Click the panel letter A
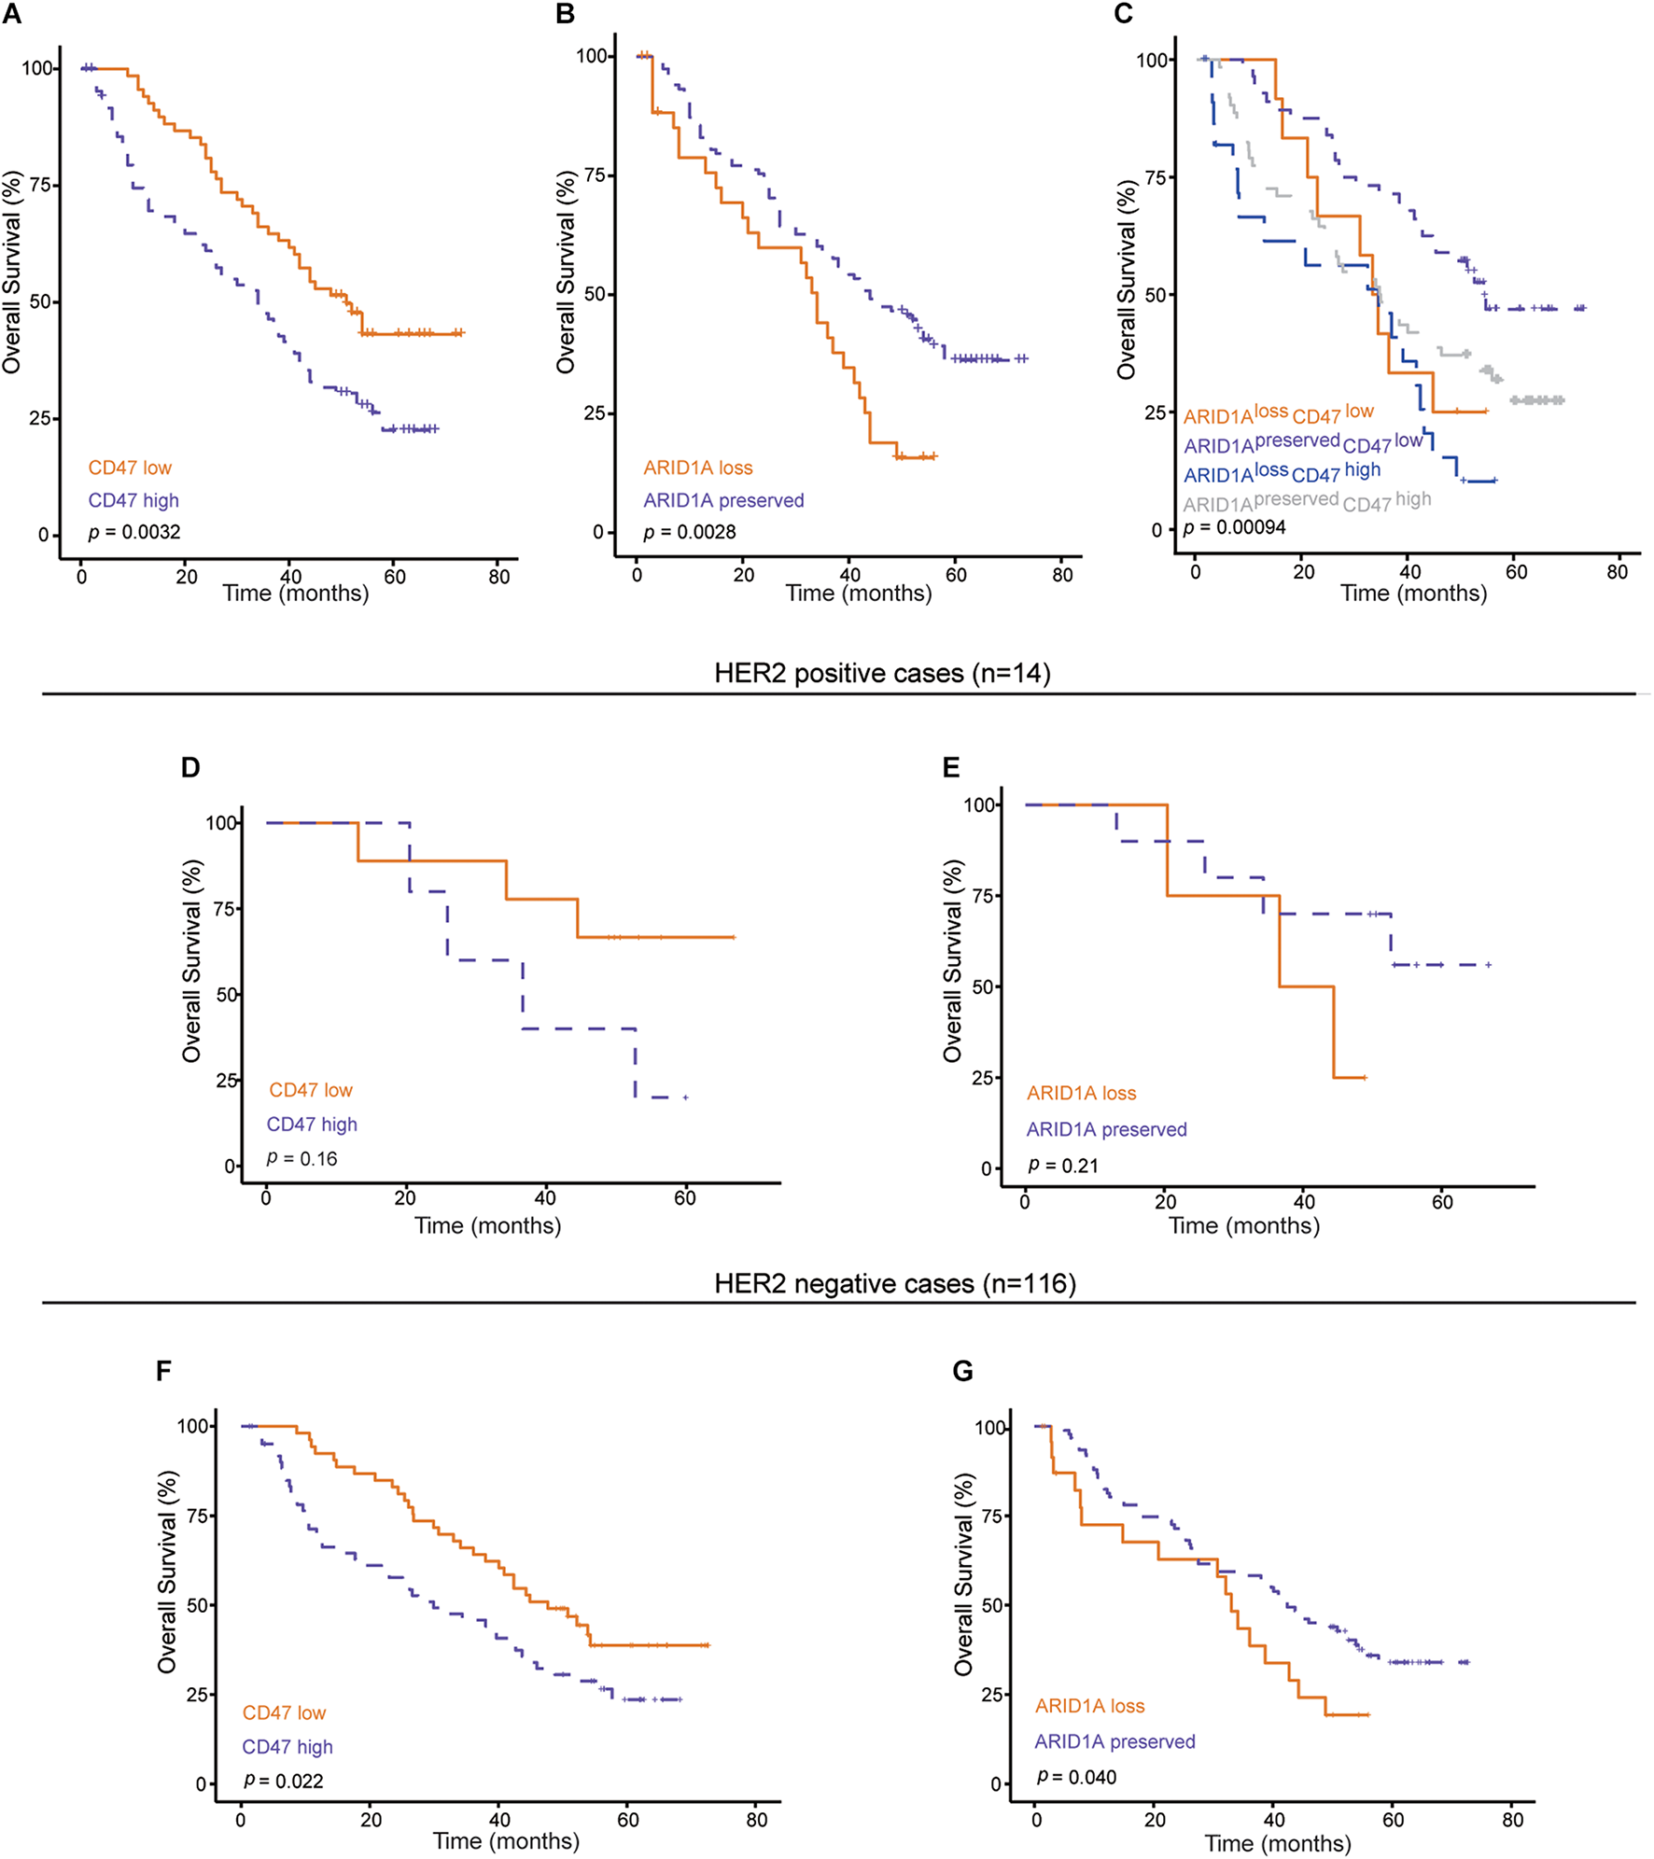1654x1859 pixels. [12, 14]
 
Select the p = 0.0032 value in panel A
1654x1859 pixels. [134, 532]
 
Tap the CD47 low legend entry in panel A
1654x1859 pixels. [130, 468]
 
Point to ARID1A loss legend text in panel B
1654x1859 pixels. [697, 468]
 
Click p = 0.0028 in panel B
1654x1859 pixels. [689, 532]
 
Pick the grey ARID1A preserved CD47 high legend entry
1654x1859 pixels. [1307, 503]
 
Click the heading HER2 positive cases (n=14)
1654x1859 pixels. [882, 673]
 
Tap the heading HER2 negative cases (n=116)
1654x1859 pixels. [895, 1283]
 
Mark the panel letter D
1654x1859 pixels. [190, 767]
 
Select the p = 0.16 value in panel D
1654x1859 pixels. [301, 1158]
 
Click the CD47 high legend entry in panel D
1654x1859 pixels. [312, 1125]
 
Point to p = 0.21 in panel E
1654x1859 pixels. [1063, 1166]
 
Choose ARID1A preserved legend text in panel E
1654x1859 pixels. [1106, 1129]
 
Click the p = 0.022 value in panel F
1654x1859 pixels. [283, 1781]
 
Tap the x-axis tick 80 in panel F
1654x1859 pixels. [757, 1820]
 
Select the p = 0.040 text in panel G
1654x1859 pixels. [1076, 1777]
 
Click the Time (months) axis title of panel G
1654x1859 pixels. [1277, 1843]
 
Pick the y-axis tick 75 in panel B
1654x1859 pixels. [595, 175]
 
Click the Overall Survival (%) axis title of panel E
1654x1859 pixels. [952, 961]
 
